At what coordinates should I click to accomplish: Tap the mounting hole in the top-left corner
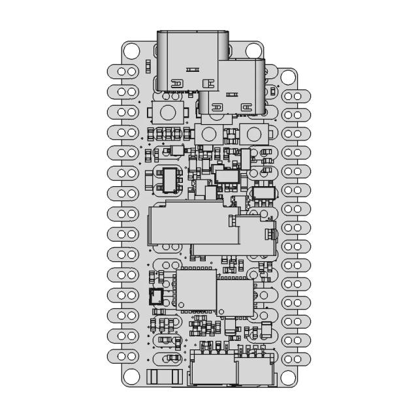coord(132,50)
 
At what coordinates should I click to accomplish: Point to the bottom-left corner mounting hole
coord(132,376)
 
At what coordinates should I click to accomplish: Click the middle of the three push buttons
coord(208,134)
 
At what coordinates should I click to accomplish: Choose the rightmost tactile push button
coord(254,134)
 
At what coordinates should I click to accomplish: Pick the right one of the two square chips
coord(234,296)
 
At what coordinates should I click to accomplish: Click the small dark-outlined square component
coord(156,297)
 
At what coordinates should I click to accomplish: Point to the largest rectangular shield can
coord(189,225)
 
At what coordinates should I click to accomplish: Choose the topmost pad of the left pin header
coord(124,71)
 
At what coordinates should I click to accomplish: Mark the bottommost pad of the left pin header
coord(124,355)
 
